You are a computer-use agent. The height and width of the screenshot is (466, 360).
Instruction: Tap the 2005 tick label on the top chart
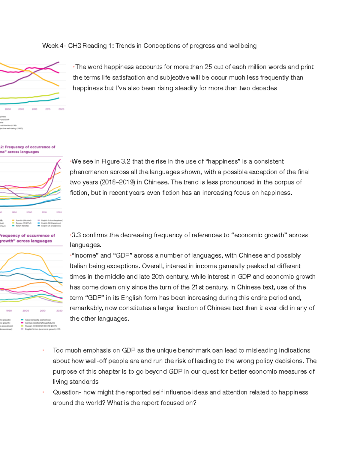(x=21, y=109)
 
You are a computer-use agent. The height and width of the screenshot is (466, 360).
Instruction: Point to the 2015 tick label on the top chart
(x=48, y=109)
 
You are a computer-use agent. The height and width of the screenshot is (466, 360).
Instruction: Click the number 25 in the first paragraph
(x=208, y=67)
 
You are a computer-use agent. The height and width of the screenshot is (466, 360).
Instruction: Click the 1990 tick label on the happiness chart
(x=14, y=212)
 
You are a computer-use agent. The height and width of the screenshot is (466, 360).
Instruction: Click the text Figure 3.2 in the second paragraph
(x=116, y=161)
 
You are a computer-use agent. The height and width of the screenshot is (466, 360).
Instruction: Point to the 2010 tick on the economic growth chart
(x=43, y=311)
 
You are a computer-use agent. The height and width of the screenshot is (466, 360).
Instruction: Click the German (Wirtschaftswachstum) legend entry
(x=39, y=323)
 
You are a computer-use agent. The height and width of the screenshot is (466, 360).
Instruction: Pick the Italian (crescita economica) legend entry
(x=37, y=320)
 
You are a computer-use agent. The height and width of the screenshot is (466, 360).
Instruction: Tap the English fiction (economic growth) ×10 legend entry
(x=42, y=329)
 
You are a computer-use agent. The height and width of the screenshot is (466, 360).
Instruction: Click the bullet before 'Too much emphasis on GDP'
(x=43, y=350)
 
